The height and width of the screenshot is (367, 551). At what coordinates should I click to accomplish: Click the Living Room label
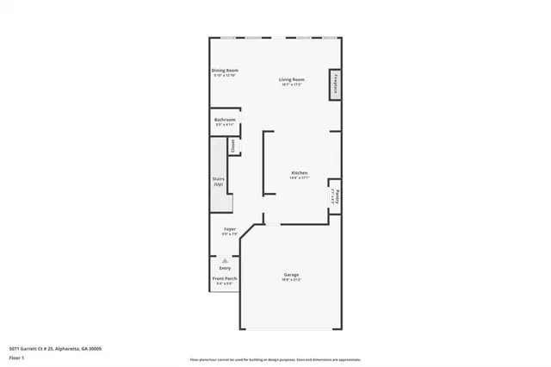tap(290, 80)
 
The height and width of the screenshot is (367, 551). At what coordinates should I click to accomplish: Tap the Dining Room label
tap(225, 71)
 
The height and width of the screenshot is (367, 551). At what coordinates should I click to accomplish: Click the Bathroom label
tap(225, 121)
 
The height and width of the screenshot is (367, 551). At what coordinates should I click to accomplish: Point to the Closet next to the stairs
tap(232, 146)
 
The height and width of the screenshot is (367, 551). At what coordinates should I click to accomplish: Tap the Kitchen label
tap(300, 172)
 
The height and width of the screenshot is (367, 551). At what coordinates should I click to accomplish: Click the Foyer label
tap(230, 229)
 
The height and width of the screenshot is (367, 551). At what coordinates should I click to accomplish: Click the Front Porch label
tap(225, 279)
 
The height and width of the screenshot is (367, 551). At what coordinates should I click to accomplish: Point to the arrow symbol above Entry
tap(225, 259)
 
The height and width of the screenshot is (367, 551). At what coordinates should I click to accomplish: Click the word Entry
tap(225, 268)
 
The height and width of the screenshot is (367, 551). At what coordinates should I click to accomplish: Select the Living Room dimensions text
tap(290, 85)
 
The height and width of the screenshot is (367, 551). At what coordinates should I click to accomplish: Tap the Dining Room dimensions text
tap(225, 76)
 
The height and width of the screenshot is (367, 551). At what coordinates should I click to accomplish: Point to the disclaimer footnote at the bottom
tap(275, 358)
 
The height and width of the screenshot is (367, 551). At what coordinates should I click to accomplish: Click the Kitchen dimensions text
tap(300, 177)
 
